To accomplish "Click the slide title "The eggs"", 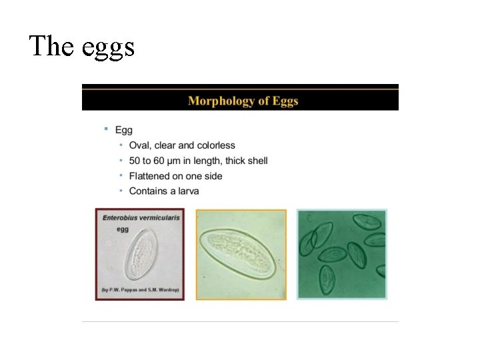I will [82, 47].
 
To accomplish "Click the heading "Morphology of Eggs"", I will [243, 101].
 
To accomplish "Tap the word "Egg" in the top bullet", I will [124, 130].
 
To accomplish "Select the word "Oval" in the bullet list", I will [139, 145].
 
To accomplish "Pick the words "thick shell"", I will [247, 161].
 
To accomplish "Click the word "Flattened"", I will [151, 176].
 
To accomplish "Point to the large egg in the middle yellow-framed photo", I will [240, 254].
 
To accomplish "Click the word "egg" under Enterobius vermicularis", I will [123, 229].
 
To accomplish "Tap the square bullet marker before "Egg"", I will [105, 129].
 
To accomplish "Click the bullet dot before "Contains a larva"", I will [121, 191].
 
